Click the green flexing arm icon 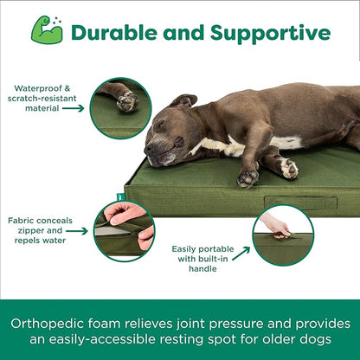point(47,30)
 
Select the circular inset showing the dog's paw point(120,107)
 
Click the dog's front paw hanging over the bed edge point(249,177)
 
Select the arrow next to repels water point(77,231)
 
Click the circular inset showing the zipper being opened point(123,229)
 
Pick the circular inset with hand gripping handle point(282,235)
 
